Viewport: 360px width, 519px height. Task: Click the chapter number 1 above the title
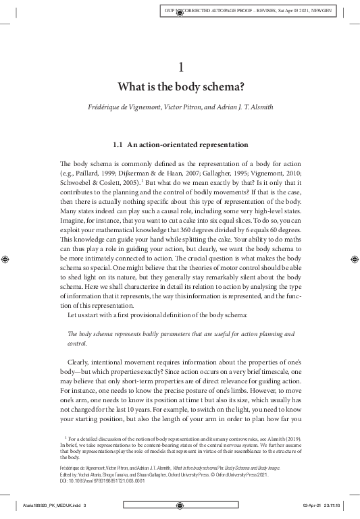pos(180,67)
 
